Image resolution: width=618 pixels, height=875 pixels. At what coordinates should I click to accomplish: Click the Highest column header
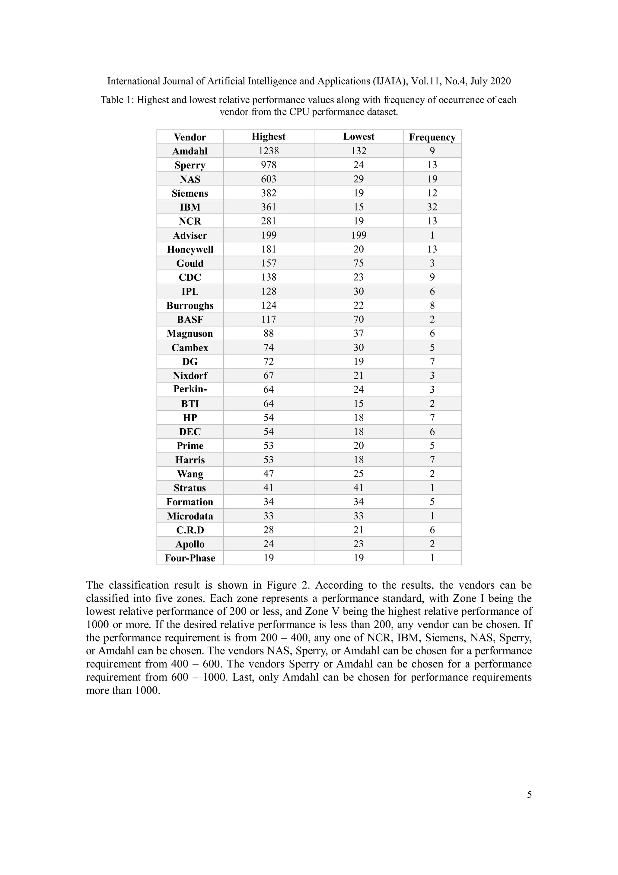[269, 137]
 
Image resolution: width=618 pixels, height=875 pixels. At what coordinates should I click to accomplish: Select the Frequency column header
[432, 137]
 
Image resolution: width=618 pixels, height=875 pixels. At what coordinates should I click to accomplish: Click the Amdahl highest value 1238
[269, 151]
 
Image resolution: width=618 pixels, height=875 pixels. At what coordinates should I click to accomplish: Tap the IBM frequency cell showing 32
[432, 207]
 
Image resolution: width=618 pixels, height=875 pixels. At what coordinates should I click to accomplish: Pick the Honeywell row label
[190, 249]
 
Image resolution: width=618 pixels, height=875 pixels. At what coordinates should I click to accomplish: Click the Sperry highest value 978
[269, 165]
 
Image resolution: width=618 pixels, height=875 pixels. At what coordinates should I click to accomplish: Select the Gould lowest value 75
[358, 263]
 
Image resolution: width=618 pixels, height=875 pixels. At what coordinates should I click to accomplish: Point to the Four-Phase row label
[190, 558]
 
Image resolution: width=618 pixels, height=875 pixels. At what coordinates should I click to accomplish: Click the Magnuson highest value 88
[269, 333]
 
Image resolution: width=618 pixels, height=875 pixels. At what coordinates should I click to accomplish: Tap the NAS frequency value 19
[432, 179]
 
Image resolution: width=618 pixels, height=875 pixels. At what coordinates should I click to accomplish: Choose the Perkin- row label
[190, 389]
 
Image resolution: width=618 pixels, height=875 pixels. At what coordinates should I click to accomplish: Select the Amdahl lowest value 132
[358, 151]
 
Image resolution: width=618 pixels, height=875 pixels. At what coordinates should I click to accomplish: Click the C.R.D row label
[190, 530]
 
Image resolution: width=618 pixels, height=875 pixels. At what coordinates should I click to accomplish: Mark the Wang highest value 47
[269, 474]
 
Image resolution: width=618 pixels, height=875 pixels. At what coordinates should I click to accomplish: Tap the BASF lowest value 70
[358, 319]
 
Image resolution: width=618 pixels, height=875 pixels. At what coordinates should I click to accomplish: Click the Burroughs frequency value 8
[432, 305]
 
